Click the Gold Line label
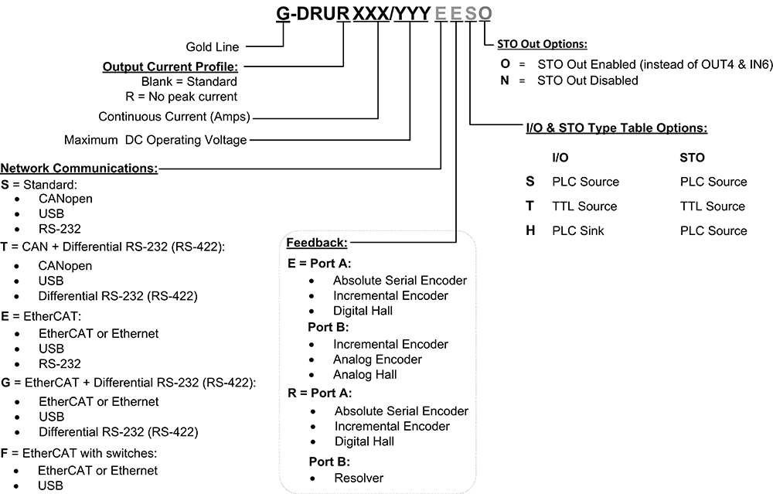[x=213, y=47]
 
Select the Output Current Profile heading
[x=170, y=66]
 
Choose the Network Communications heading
[x=79, y=167]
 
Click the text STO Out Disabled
[x=587, y=80]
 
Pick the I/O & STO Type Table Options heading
[x=616, y=128]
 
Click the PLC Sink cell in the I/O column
[x=578, y=230]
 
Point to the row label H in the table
[x=530, y=230]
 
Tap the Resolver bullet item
[x=359, y=478]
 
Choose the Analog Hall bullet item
[x=365, y=375]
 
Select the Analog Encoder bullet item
[x=377, y=359]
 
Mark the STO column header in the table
[x=693, y=157]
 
